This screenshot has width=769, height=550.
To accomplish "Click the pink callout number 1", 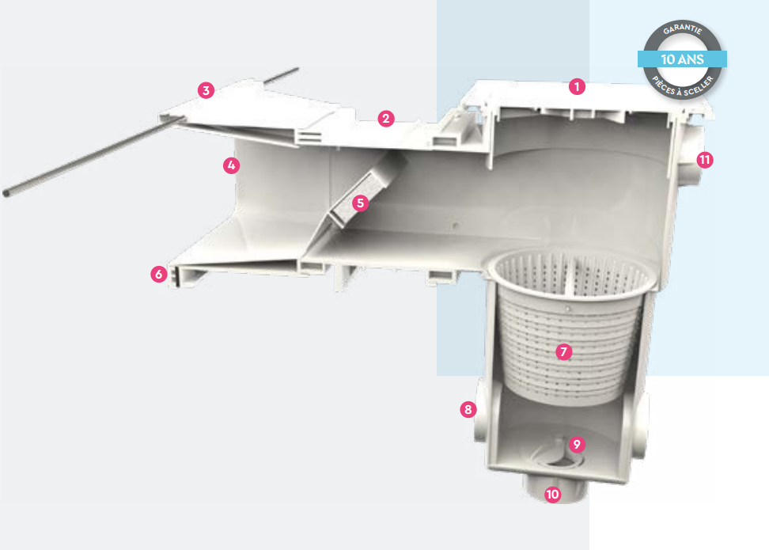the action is (577, 87).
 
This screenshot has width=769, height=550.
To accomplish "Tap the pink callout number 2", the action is (386, 119).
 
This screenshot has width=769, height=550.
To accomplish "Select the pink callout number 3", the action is (206, 91).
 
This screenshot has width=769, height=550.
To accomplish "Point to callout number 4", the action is (232, 165).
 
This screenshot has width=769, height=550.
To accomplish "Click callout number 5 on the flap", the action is (361, 203).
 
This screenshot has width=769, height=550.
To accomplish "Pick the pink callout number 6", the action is (159, 274).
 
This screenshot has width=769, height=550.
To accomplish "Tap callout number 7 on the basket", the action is (563, 352).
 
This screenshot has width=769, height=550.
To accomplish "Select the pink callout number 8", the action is (468, 409).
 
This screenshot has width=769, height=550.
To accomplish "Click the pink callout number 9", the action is (577, 445).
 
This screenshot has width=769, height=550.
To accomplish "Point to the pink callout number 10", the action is (553, 494).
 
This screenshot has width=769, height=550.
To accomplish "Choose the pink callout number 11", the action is (705, 160).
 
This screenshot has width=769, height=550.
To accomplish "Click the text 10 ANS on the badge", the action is (682, 59).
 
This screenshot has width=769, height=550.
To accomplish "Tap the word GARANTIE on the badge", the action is (682, 29).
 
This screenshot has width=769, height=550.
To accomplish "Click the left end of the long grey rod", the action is (6, 194).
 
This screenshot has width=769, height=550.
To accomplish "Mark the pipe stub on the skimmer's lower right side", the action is (642, 427).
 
